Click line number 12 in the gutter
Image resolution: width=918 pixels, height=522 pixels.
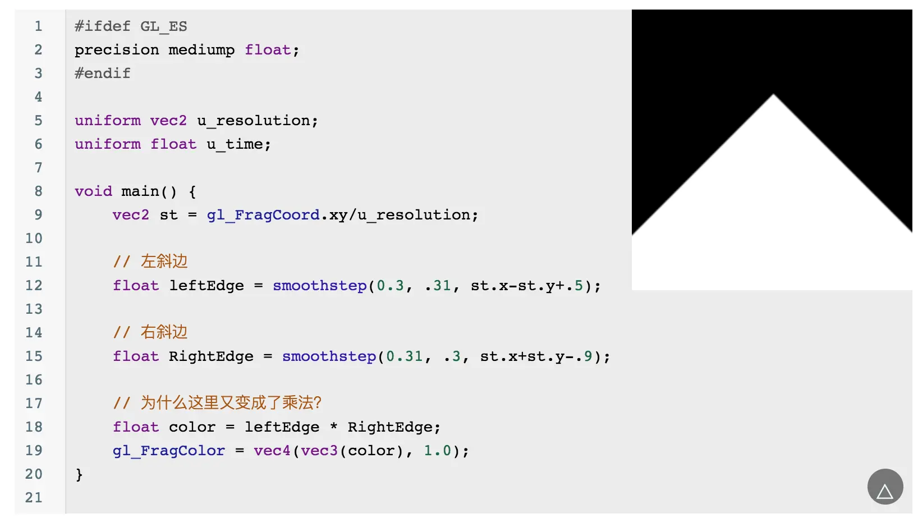34,286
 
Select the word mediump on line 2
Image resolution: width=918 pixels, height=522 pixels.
201,50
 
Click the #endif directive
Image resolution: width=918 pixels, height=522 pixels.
103,74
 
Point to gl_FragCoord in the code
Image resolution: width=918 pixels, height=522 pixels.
263,215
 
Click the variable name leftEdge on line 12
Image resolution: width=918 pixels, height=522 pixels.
206,286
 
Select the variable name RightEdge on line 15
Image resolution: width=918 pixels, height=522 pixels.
211,356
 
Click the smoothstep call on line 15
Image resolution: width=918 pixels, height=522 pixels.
329,356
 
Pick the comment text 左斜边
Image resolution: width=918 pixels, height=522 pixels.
164,262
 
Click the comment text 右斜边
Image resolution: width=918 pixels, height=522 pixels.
164,332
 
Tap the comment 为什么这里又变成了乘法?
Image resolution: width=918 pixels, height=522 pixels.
230,403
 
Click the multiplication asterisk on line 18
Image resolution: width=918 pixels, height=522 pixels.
334,427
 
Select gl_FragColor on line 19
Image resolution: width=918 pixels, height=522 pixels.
169,451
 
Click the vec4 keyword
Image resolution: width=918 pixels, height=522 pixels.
272,451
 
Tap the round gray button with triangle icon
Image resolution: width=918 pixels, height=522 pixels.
885,487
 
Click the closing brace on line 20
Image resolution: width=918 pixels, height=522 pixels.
79,475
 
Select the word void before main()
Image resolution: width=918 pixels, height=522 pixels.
94,191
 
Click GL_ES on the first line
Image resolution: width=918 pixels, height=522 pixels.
164,26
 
